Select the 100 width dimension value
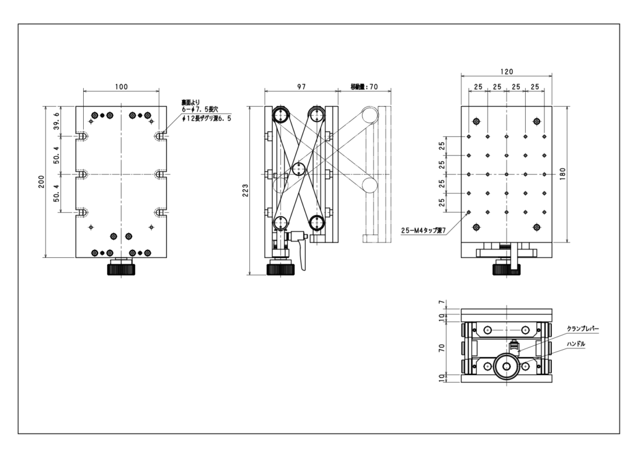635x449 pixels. click(x=121, y=87)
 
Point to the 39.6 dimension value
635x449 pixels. click(x=56, y=121)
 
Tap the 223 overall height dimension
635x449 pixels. click(x=245, y=190)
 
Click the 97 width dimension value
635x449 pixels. click(x=301, y=87)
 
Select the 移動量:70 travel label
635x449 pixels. click(x=364, y=87)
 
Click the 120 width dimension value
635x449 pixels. click(x=507, y=72)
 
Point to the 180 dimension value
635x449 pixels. click(x=562, y=174)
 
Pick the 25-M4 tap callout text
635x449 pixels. click(x=423, y=231)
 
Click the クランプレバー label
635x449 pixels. click(x=582, y=329)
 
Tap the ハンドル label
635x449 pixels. click(x=576, y=344)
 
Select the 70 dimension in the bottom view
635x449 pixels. click(x=442, y=347)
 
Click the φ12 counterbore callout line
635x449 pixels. click(x=206, y=118)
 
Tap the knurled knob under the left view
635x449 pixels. click(x=121, y=269)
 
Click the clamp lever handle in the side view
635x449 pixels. click(x=302, y=255)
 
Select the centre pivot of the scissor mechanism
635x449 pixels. click(x=298, y=169)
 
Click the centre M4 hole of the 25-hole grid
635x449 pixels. click(x=507, y=174)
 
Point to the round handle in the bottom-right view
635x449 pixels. click(x=507, y=367)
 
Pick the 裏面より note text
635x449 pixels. click(x=190, y=103)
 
